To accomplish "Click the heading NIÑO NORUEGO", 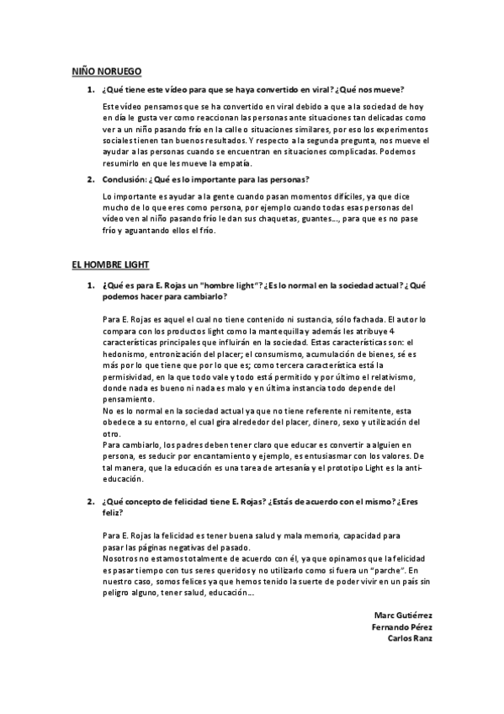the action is pyautogui.click(x=107, y=73).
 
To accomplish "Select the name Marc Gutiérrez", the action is pyautogui.click(x=403, y=615).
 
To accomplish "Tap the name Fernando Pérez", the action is pyautogui.click(x=402, y=626).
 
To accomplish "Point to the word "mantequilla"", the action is pyautogui.click(x=263, y=331).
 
